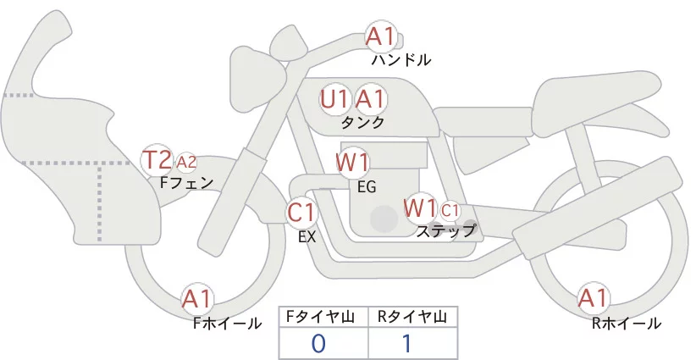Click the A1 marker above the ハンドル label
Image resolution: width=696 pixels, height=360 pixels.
380,36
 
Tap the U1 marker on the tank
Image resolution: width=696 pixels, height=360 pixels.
334,99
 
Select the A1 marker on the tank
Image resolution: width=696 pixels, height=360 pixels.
370,99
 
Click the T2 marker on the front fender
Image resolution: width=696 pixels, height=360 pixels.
157,160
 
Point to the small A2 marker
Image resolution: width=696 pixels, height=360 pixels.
186,163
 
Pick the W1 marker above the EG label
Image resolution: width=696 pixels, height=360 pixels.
352,163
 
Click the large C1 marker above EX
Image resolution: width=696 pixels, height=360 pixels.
301,212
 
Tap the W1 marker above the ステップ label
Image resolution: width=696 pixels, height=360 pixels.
420,208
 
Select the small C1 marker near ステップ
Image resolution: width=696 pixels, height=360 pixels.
450,210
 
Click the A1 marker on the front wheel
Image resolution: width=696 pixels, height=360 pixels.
197,300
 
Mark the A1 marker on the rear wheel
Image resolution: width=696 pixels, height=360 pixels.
593,298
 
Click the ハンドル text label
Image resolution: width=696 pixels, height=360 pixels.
401,59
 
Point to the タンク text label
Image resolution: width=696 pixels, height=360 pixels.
362,123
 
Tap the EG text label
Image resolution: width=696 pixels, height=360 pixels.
367,187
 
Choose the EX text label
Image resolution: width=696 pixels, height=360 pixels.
307,237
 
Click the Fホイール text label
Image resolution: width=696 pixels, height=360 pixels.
227,324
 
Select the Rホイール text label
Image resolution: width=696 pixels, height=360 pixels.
627,324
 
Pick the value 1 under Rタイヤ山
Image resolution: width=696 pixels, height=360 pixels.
406,344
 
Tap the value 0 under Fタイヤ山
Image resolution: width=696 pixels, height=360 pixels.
318,344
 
